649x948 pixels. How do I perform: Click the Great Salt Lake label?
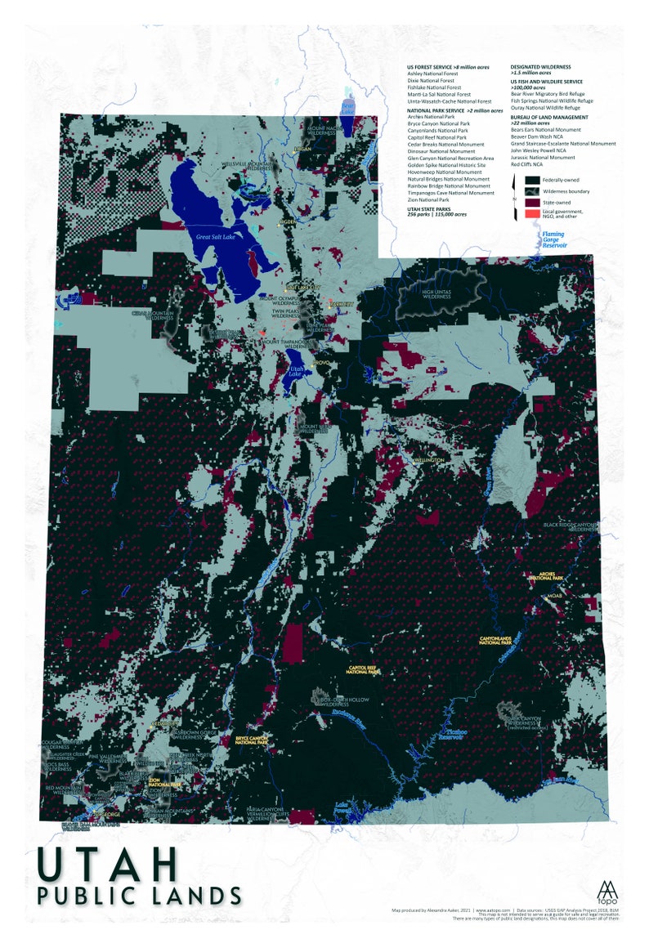[x=214, y=237]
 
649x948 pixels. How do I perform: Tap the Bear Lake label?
[x=347, y=107]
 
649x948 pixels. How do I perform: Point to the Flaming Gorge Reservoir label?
[x=553, y=239]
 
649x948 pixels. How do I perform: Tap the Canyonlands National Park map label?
[x=501, y=640]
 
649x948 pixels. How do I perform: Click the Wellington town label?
[x=427, y=460]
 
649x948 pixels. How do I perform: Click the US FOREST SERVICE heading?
[x=448, y=66]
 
